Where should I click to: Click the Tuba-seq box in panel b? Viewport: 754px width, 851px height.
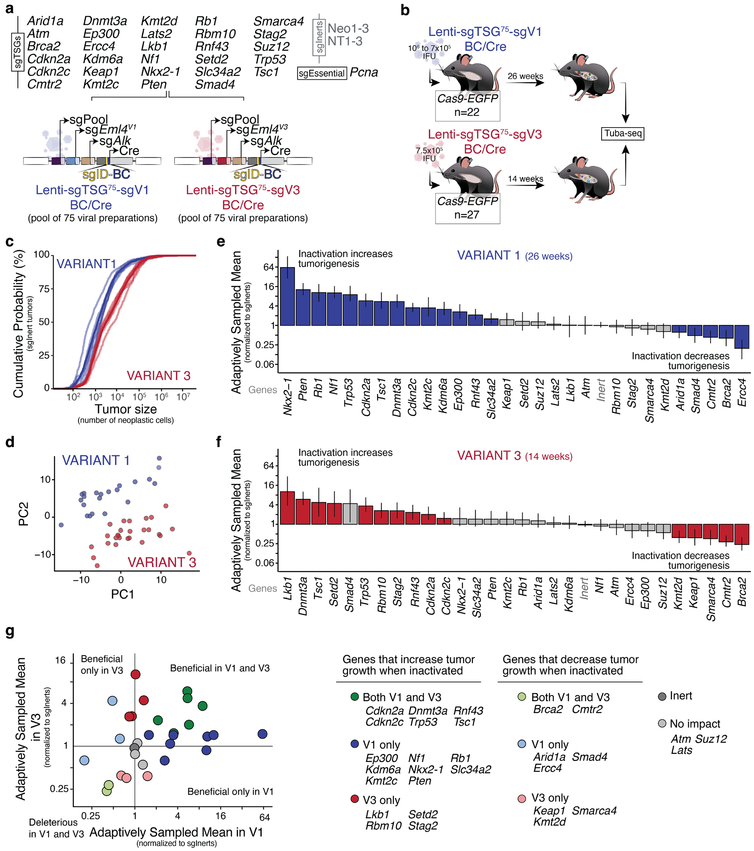coord(622,133)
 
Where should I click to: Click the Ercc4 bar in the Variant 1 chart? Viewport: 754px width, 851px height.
coord(741,337)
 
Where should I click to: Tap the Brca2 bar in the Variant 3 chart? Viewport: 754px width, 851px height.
coord(741,534)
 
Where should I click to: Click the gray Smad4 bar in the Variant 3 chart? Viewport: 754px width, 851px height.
coord(350,514)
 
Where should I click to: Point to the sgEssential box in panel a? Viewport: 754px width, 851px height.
coord(322,73)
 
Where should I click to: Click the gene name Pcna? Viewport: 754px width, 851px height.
coord(363,73)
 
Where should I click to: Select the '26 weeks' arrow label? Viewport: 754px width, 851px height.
coord(525,76)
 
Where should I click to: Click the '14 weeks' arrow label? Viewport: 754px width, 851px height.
coord(525,179)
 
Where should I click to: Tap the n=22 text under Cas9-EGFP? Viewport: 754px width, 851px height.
coord(467,112)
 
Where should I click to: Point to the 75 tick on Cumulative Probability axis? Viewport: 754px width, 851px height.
coord(44,289)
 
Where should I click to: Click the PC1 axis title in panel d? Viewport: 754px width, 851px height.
coord(122,594)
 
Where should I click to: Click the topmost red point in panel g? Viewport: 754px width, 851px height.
coord(135,674)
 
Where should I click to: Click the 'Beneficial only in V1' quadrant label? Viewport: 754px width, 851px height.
coord(230,791)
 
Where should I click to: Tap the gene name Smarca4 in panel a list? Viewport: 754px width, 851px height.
coord(278,21)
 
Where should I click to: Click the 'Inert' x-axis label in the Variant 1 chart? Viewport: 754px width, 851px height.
coord(601,390)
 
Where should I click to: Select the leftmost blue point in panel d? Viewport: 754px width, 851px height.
coord(61,525)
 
